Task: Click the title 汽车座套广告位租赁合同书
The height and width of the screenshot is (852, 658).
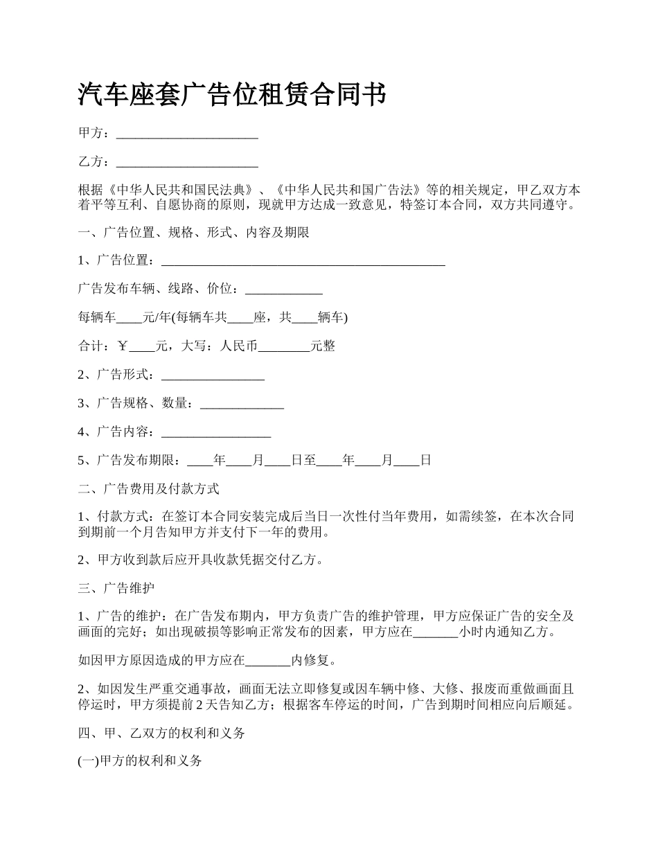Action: tap(232, 95)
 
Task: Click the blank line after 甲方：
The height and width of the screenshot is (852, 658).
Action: tap(187, 133)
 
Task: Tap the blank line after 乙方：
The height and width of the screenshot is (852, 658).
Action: tap(187, 162)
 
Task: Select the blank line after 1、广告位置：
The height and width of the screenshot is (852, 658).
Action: tap(303, 260)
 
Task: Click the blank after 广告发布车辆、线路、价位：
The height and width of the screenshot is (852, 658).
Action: tap(284, 289)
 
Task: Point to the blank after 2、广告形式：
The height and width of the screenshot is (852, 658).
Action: tap(213, 375)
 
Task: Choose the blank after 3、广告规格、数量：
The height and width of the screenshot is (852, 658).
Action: tap(242, 403)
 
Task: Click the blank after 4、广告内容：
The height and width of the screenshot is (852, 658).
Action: tap(215, 432)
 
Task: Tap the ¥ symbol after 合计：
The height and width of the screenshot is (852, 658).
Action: tap(123, 346)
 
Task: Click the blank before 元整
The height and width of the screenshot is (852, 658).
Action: tap(284, 346)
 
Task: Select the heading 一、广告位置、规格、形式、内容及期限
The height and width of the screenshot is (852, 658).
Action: tap(194, 232)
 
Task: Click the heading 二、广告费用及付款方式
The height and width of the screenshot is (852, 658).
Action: tap(149, 489)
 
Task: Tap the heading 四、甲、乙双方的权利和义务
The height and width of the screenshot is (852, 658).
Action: tap(161, 733)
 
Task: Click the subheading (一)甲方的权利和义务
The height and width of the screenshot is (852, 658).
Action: tap(141, 761)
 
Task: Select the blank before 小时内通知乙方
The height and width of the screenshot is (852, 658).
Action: tap(436, 632)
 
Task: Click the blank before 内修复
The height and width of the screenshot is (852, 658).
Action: tap(268, 661)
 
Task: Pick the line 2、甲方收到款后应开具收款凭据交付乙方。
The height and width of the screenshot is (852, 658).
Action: tap(201, 560)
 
